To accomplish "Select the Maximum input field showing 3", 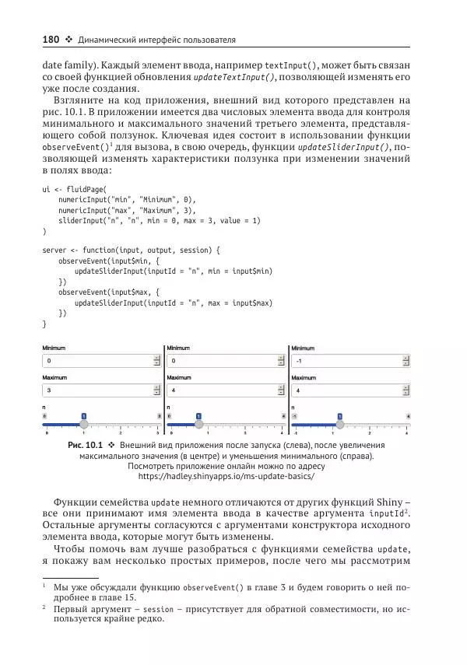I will click(97, 390).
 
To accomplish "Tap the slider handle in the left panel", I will click(85, 424).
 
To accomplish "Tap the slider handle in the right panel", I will click(339, 424).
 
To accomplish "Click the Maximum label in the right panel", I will click(304, 377).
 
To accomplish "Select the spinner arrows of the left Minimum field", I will click(157, 362).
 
